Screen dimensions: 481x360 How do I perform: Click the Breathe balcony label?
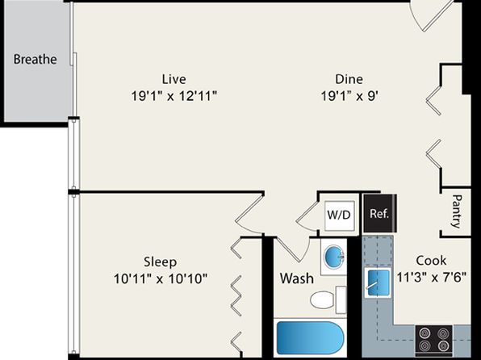pos(35,59)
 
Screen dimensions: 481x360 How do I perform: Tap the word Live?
pos(174,79)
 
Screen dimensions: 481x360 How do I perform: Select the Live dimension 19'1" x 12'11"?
pos(174,96)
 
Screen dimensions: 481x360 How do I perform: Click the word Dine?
pos(349,79)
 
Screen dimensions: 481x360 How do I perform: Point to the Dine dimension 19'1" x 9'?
pos(349,96)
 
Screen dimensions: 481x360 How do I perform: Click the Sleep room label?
pos(160,262)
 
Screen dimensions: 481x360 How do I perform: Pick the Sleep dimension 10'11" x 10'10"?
pos(160,279)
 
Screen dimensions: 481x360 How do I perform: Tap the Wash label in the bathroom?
pos(297,278)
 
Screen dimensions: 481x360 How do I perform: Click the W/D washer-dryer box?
pos(339,215)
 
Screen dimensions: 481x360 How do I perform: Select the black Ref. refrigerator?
pos(380,213)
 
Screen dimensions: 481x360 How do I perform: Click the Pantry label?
pos(457,211)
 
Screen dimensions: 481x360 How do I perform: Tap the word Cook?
pos(431,261)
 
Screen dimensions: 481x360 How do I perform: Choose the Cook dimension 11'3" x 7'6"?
pos(431,278)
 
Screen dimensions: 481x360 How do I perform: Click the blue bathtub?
pos(310,337)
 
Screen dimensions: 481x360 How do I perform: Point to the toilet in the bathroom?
pos(328,299)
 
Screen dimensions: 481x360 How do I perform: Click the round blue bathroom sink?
pos(334,256)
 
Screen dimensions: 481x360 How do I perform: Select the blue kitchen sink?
pos(378,283)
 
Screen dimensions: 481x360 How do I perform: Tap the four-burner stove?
pos(433,339)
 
